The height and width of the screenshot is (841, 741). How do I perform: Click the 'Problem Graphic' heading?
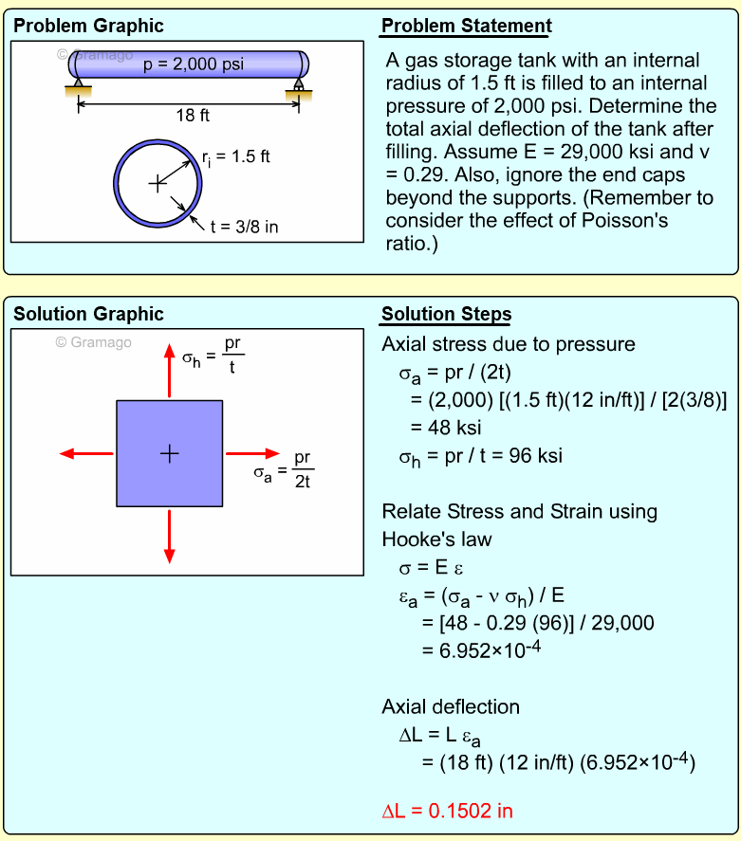(87, 26)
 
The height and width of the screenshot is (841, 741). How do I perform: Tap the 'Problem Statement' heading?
(466, 26)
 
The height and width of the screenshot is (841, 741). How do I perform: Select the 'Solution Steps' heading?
(446, 315)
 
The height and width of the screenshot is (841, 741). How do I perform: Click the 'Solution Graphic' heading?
(88, 315)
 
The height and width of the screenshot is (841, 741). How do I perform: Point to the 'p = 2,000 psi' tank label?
(193, 64)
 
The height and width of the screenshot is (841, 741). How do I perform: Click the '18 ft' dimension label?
(193, 115)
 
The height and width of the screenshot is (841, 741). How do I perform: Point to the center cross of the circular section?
(157, 182)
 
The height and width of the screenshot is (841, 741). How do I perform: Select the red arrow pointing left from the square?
(85, 453)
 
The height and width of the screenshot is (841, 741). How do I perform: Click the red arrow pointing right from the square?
(253, 453)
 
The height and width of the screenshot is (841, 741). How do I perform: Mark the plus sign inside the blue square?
(169, 453)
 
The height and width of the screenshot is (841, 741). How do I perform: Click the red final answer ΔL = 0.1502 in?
(447, 811)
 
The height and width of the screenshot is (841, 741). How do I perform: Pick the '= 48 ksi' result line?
(446, 428)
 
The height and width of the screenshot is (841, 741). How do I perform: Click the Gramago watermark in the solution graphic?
(93, 341)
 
